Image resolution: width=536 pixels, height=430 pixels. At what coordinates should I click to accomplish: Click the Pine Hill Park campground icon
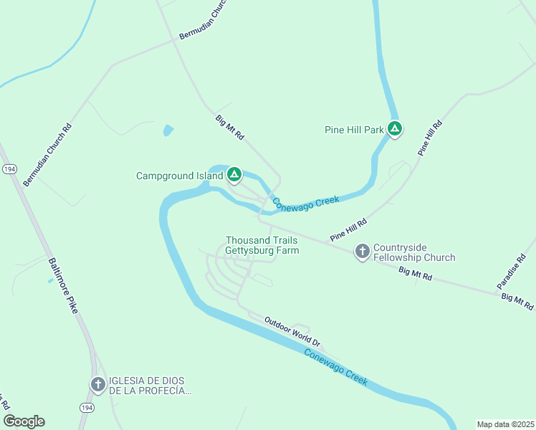pyautogui.click(x=394, y=129)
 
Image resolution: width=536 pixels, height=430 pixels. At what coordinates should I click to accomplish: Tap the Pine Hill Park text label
pyautogui.click(x=354, y=130)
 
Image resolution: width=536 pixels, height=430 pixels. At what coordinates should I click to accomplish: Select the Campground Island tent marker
pyautogui.click(x=234, y=174)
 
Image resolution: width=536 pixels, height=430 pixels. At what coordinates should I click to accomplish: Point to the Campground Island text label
pyautogui.click(x=180, y=176)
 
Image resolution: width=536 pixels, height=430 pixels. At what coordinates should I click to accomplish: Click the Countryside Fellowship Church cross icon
pyautogui.click(x=363, y=251)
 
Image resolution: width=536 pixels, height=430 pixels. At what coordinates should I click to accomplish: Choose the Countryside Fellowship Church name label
pyautogui.click(x=414, y=253)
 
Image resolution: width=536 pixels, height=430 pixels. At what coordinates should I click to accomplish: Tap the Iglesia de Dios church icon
pyautogui.click(x=98, y=384)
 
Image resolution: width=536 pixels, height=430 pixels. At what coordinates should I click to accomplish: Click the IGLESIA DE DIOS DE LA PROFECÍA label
pyautogui.click(x=150, y=386)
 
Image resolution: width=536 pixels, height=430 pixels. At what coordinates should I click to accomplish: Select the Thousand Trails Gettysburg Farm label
pyautogui.click(x=262, y=245)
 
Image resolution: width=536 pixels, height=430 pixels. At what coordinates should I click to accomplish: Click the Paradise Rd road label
pyautogui.click(x=511, y=272)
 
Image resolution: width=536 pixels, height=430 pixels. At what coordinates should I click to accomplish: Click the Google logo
pyautogui.click(x=24, y=421)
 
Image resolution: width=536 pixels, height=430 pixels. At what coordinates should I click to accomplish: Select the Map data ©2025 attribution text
pyautogui.click(x=505, y=424)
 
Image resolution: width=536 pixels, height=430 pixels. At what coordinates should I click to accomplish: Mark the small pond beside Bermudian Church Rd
pyautogui.click(x=168, y=130)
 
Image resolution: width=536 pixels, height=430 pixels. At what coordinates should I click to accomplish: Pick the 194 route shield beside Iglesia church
pyautogui.click(x=86, y=407)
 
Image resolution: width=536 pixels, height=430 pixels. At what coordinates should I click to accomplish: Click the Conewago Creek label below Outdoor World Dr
pyautogui.click(x=335, y=367)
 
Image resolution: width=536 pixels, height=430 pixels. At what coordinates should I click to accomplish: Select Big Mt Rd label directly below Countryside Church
pyautogui.click(x=416, y=273)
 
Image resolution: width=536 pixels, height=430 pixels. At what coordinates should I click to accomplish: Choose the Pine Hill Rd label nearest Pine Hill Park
pyautogui.click(x=431, y=139)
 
